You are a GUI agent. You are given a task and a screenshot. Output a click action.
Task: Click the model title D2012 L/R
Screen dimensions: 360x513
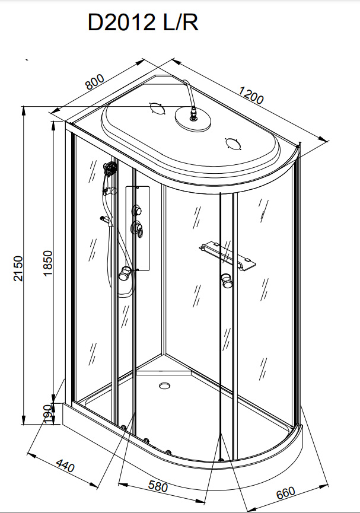pos(143,23)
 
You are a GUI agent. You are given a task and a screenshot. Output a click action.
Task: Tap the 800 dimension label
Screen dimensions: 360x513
pos(95,82)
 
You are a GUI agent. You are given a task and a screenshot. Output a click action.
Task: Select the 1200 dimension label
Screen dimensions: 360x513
pos(251,94)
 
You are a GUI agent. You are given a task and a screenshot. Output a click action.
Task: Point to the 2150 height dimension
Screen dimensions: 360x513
pos(18,268)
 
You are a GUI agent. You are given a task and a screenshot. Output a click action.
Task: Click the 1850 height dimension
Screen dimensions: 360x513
pos(48,263)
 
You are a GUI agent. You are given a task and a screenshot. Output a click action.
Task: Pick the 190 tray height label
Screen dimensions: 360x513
pos(49,414)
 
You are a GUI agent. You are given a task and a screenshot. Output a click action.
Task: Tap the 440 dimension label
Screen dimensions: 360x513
pos(65,465)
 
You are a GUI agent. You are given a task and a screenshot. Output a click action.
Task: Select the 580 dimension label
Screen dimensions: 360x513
pos(158,486)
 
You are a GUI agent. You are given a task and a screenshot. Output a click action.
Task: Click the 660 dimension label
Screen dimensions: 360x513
pos(285,493)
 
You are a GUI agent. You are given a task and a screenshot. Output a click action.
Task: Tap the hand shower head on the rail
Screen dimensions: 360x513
pos(110,170)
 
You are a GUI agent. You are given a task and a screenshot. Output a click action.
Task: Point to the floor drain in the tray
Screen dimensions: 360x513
pos(165,385)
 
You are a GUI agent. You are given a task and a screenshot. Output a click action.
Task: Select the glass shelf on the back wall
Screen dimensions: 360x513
pos(227,256)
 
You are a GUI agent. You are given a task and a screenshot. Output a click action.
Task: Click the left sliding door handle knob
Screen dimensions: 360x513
pos(125,273)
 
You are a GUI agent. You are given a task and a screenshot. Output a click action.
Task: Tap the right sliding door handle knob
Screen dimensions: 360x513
pos(227,281)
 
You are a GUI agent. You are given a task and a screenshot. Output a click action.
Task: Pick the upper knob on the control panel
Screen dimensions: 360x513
pos(137,210)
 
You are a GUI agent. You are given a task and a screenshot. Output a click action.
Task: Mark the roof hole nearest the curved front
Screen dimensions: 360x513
pos(232,144)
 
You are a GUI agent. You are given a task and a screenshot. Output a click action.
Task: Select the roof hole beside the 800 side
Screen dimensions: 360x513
pos(157,108)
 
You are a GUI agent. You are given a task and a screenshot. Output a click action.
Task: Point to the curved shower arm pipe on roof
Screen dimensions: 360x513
pos(189,95)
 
